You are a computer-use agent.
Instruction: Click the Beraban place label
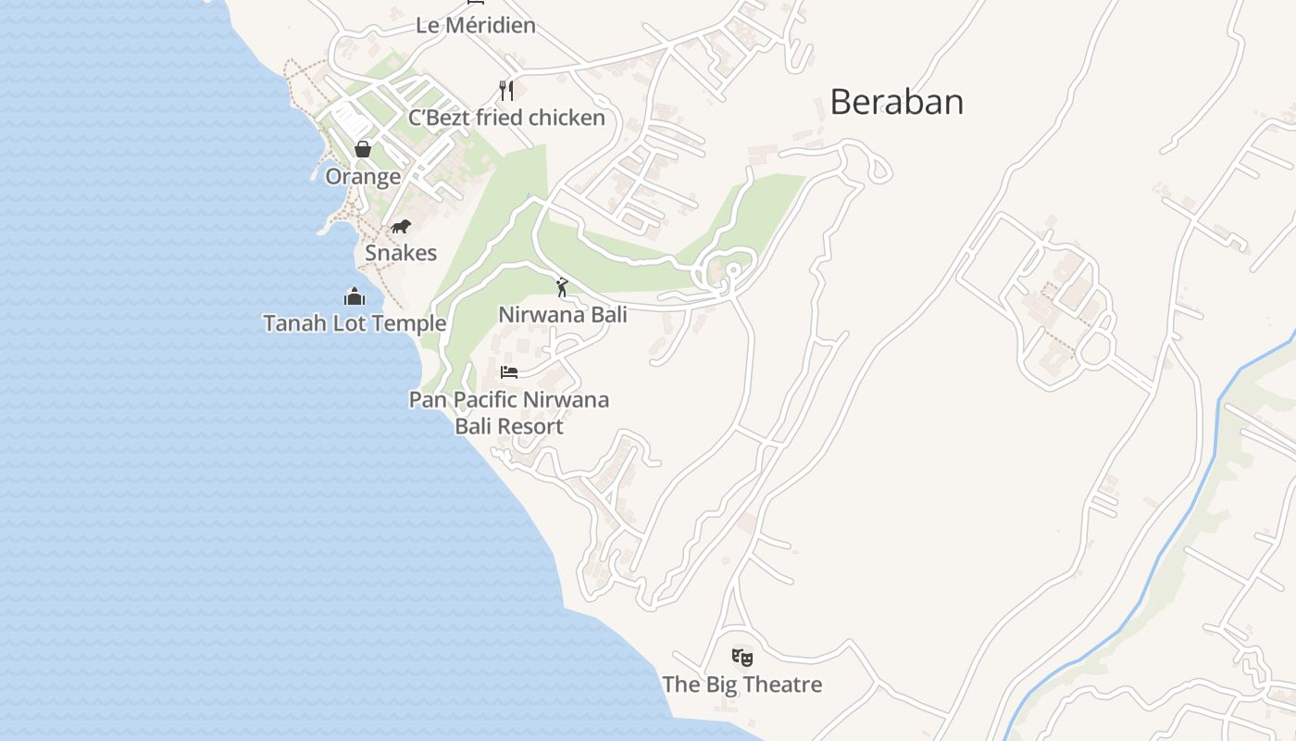896,102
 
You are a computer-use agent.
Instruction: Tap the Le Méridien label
476,25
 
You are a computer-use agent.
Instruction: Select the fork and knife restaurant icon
505,91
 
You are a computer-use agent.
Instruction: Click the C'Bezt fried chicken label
506,118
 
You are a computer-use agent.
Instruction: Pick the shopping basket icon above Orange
363,149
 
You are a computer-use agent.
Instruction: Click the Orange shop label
363,176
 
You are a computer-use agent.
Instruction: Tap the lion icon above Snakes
400,227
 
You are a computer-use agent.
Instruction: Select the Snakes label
401,253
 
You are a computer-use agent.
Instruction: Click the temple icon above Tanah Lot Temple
355,296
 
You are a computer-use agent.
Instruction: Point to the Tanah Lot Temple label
355,323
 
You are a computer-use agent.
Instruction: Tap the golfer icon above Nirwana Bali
562,287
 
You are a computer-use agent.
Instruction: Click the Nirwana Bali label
563,314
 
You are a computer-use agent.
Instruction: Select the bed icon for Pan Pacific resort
508,372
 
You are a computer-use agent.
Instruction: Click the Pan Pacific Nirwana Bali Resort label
509,413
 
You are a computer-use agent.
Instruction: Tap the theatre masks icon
741,658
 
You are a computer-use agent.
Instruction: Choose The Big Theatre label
741,684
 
